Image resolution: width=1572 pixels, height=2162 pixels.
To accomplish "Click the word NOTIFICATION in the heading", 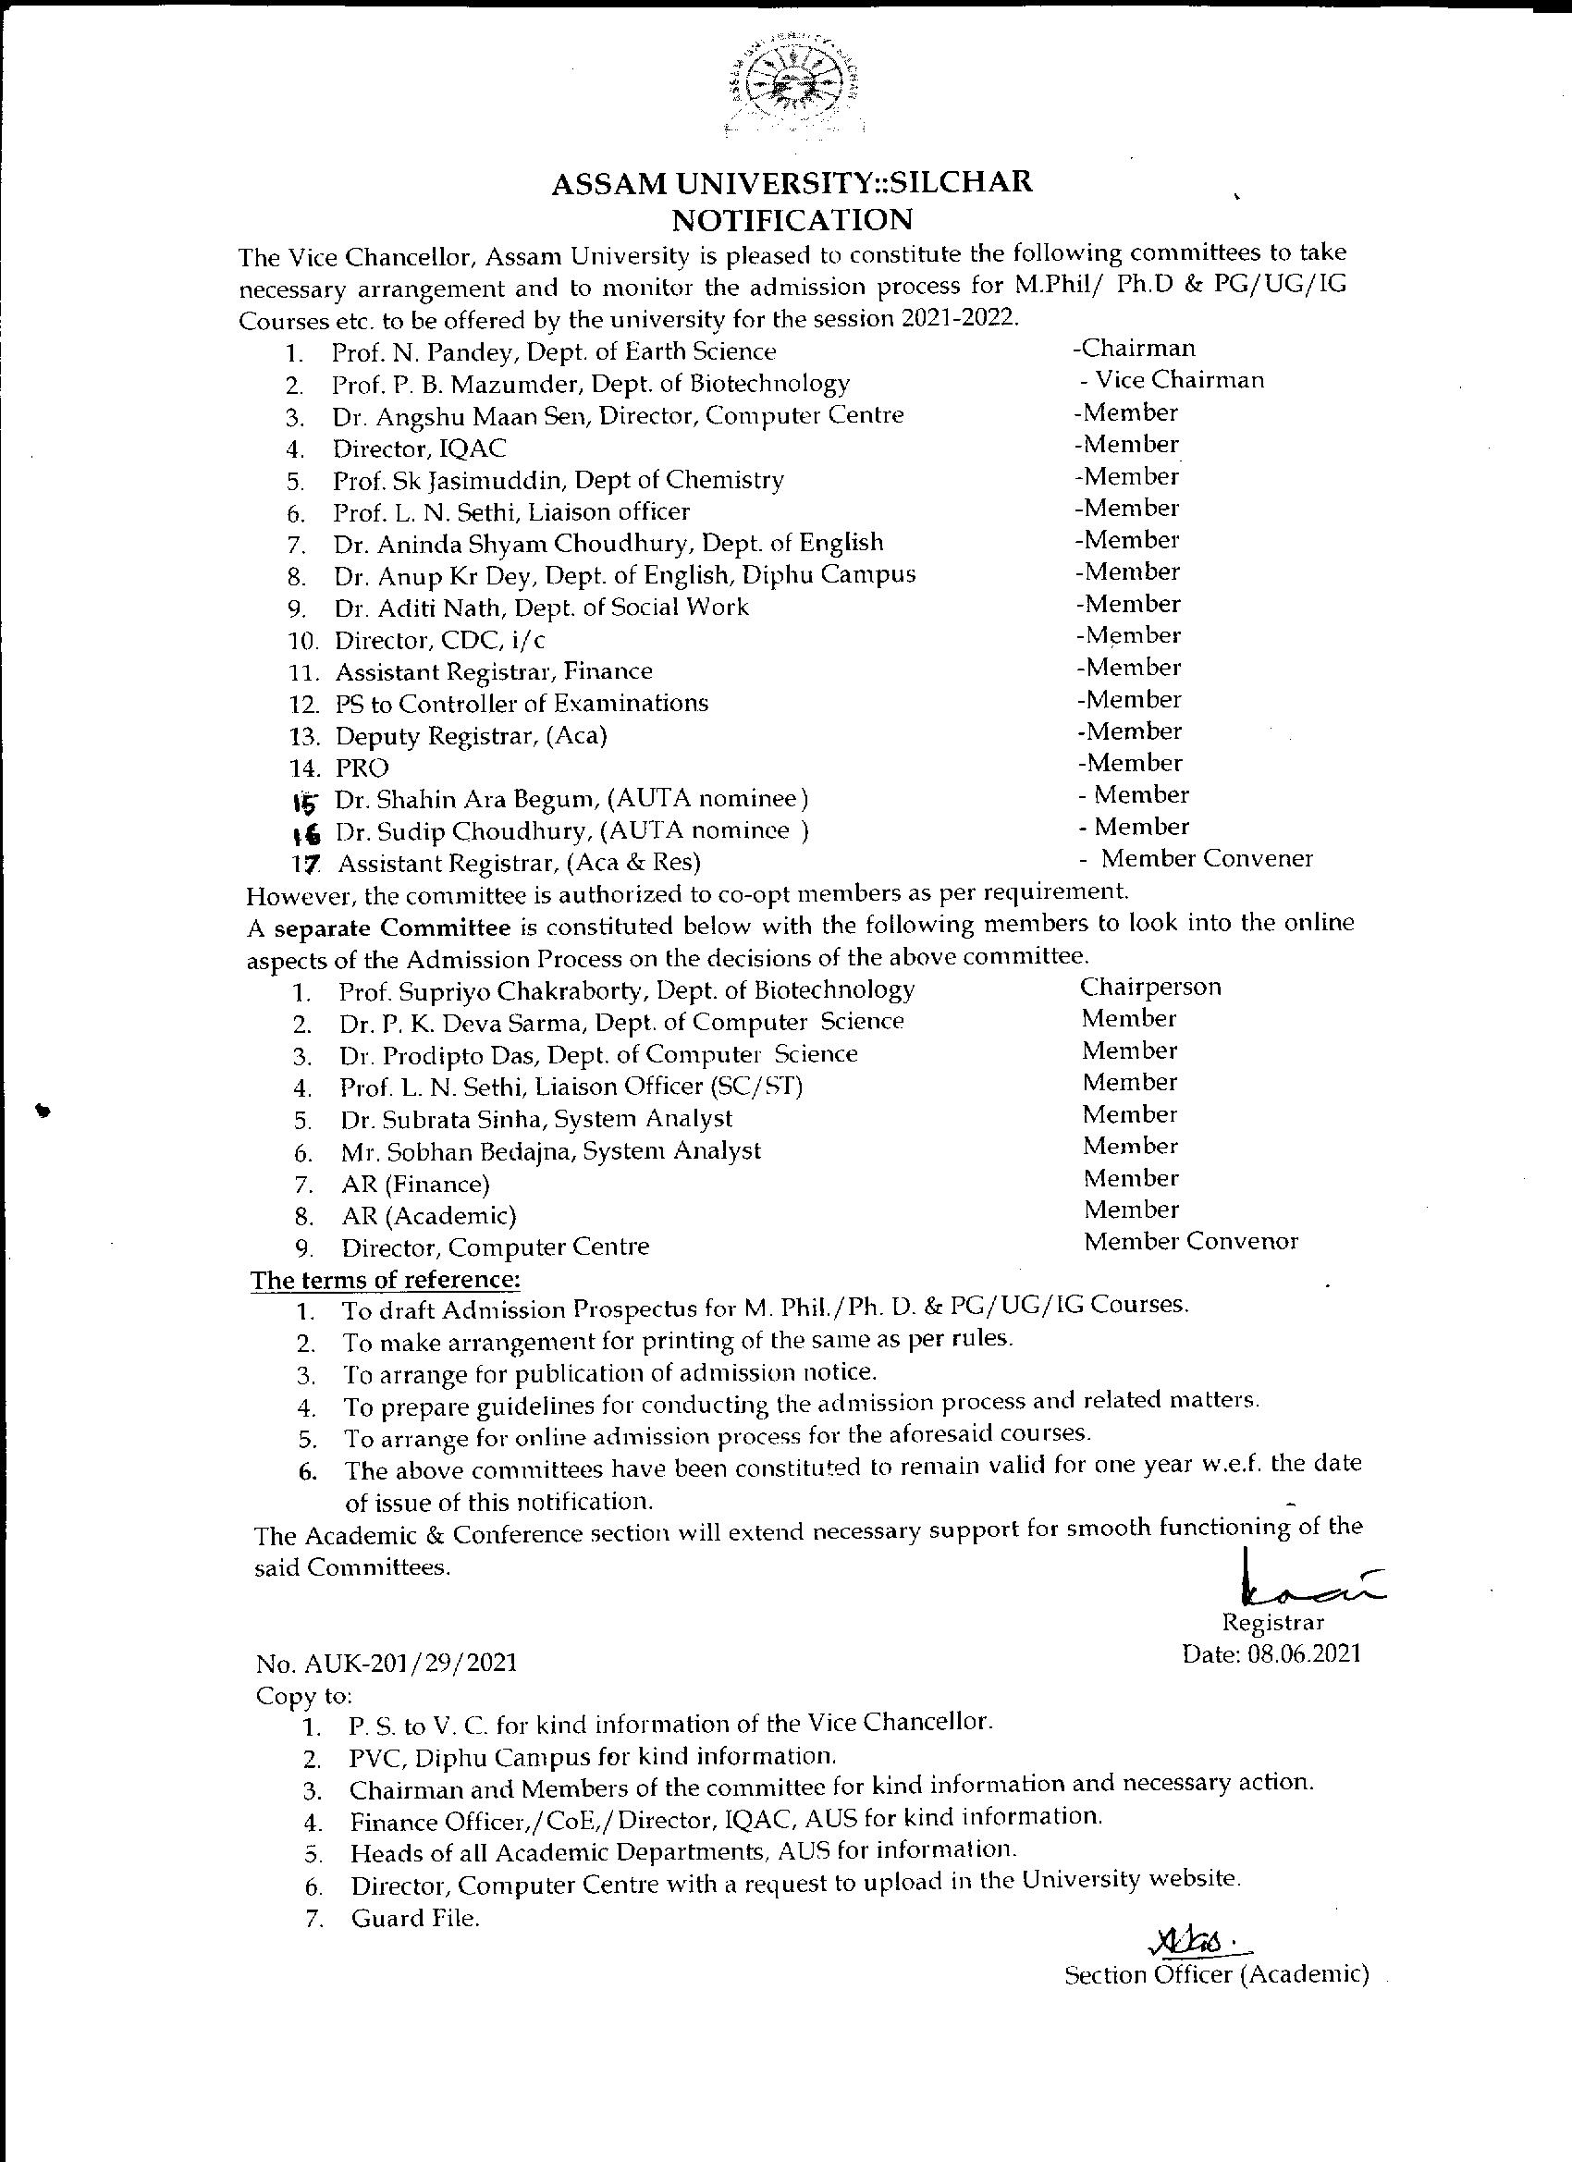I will click(792, 220).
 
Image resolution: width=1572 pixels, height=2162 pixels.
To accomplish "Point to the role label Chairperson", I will click(1150, 988).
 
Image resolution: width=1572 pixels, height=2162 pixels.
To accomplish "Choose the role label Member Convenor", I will click(1191, 1242).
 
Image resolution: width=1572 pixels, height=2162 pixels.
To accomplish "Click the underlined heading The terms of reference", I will click(385, 1279).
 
